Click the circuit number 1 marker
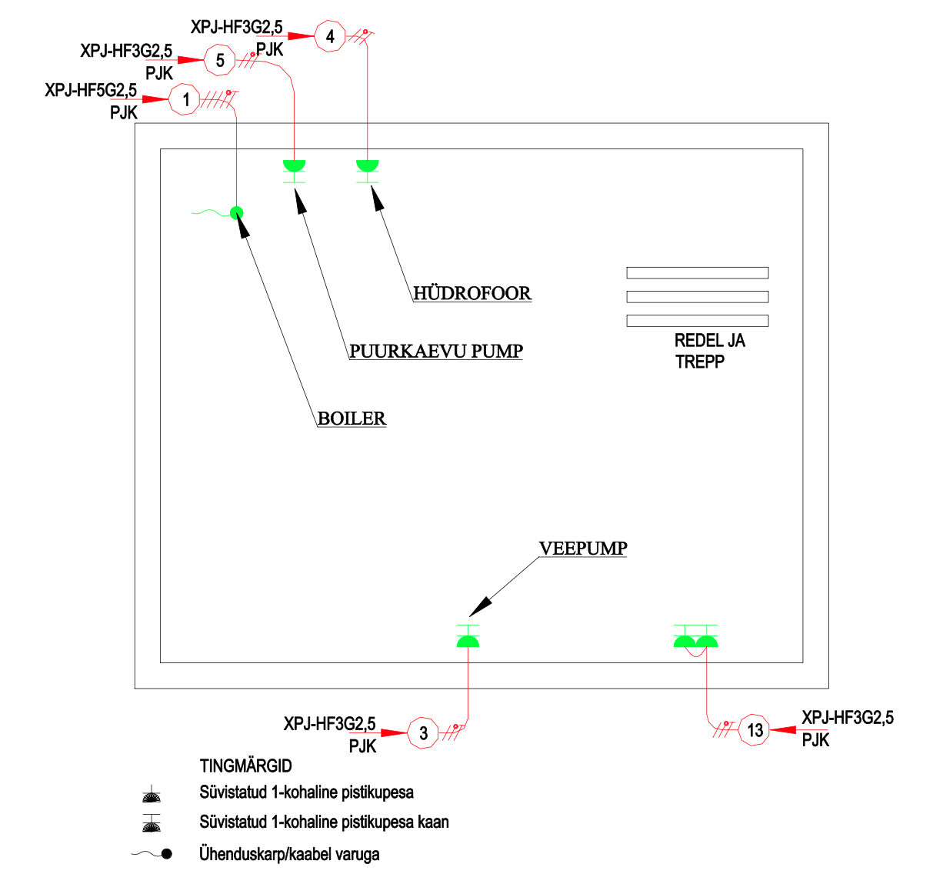coord(185,100)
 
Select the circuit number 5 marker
coord(220,60)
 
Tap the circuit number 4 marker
coord(330,36)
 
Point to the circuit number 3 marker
coord(423,733)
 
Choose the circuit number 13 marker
coord(755,730)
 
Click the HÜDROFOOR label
coord(471,293)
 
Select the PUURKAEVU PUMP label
coord(436,352)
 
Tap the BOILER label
coord(352,419)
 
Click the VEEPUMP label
coord(583,549)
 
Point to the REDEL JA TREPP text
coord(708,351)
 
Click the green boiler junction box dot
coord(236,213)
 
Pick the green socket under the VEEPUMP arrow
coord(468,639)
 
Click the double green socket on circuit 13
coord(695,639)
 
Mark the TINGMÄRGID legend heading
coord(245,766)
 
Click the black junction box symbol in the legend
coord(166,854)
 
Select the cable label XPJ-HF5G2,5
coord(91,90)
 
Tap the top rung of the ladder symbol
coord(697,272)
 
